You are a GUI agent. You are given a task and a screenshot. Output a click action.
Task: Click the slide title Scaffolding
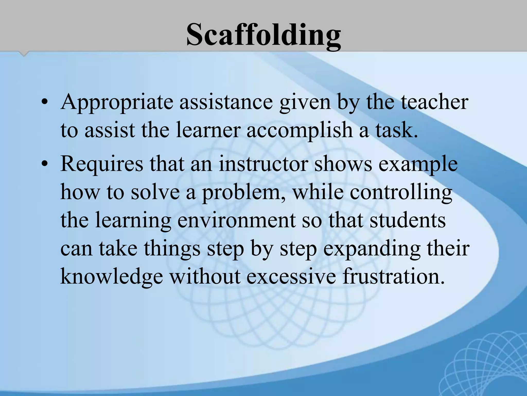pyautogui.click(x=263, y=35)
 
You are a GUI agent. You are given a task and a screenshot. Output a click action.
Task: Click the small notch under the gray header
pyautogui.click(x=24, y=54)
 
